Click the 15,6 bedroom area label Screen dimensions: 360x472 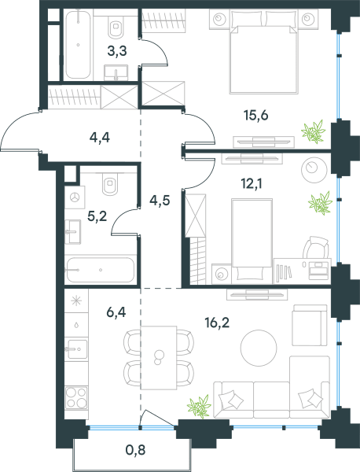click(x=256, y=116)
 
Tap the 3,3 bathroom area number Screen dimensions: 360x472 click(x=117, y=51)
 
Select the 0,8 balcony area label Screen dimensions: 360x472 click(x=135, y=450)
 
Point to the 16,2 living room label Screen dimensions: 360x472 click(x=217, y=323)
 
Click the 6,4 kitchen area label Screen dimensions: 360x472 click(x=116, y=312)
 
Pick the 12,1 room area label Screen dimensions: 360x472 click(x=252, y=183)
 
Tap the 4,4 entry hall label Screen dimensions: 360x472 click(x=100, y=138)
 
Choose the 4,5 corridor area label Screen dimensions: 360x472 click(x=160, y=200)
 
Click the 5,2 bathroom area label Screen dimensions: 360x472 click(x=97, y=216)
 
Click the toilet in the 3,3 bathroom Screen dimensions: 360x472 click(x=116, y=26)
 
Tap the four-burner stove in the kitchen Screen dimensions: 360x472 click(x=76, y=398)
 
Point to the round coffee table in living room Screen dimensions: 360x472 click(x=259, y=348)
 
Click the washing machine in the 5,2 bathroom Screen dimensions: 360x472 click(x=75, y=197)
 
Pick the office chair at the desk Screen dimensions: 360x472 click(x=316, y=248)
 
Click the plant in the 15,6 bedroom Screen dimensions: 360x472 click(x=314, y=131)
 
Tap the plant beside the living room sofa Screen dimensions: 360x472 click(x=199, y=407)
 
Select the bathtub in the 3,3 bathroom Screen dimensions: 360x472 click(x=78, y=45)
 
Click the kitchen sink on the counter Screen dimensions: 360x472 click(x=77, y=349)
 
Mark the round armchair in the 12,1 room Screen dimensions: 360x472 click(x=314, y=170)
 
